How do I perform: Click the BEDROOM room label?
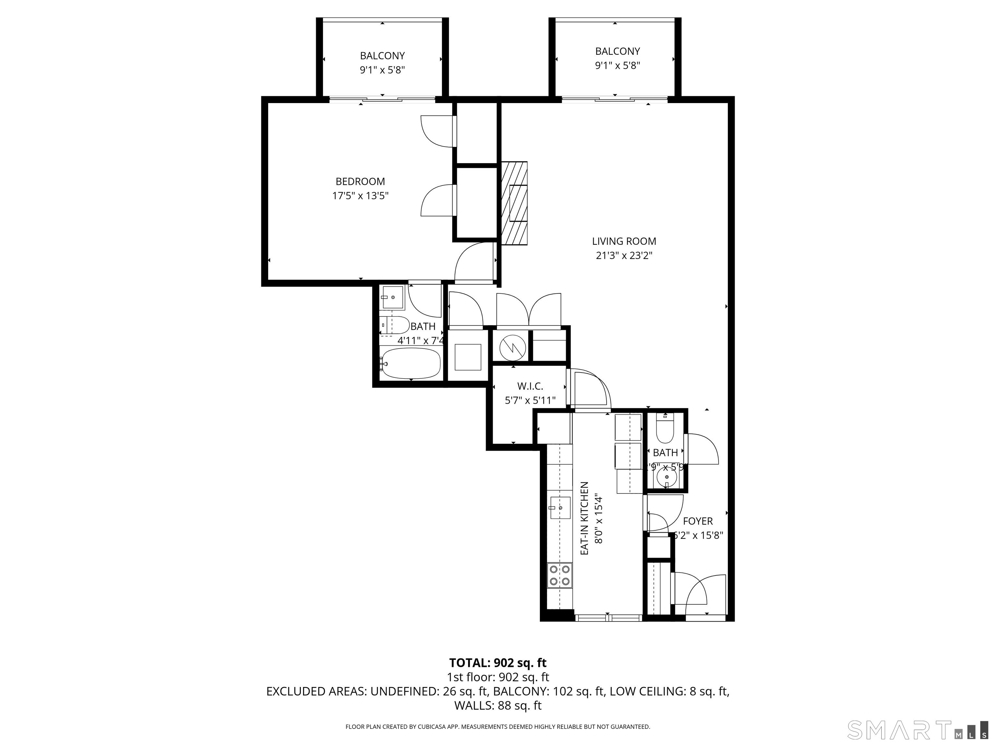[360, 182]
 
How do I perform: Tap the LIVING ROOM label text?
[624, 241]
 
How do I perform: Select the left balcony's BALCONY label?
[382, 56]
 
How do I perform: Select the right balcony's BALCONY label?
[617, 51]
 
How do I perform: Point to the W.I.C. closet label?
[530, 386]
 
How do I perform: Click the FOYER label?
[697, 521]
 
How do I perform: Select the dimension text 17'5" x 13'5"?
[360, 196]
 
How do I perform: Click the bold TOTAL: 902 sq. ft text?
[498, 663]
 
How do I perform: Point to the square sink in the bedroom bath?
[393, 298]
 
